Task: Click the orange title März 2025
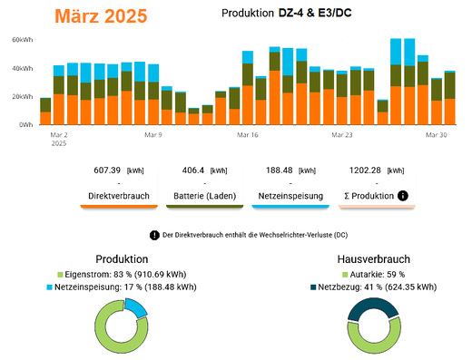pyautogui.click(x=101, y=16)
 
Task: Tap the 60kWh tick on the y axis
pyautogui.click(x=23, y=40)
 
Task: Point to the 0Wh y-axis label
pyautogui.click(x=26, y=125)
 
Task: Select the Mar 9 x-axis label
pyautogui.click(x=153, y=135)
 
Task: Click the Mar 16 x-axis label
pyautogui.click(x=248, y=135)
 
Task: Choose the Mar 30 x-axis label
pyautogui.click(x=436, y=135)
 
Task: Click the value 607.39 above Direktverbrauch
pyautogui.click(x=107, y=170)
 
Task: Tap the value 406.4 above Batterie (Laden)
pyautogui.click(x=193, y=170)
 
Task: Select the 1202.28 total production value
pyautogui.click(x=365, y=170)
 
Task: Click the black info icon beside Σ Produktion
pyautogui.click(x=403, y=196)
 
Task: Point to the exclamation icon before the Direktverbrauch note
pyautogui.click(x=154, y=235)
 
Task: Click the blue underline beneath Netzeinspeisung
pyautogui.click(x=290, y=207)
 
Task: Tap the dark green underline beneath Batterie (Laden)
pyautogui.click(x=204, y=207)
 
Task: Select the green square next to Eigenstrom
pyautogui.click(x=60, y=275)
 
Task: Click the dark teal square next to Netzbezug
pyautogui.click(x=313, y=287)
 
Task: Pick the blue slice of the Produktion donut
pyautogui.click(x=135, y=307)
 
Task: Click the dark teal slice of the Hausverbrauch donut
pyautogui.click(x=373, y=306)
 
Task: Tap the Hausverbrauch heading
pyautogui.click(x=374, y=259)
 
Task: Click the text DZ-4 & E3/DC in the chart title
pyautogui.click(x=315, y=13)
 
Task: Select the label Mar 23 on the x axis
pyautogui.click(x=342, y=135)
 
